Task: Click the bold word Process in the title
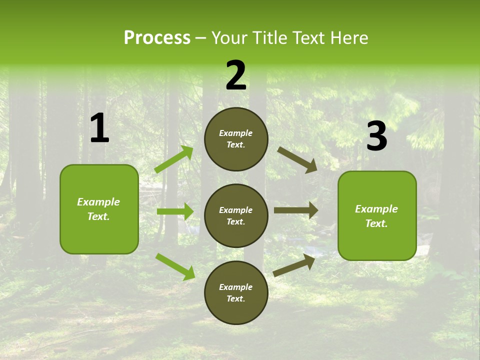tap(157, 37)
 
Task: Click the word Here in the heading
tap(348, 37)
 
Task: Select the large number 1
tap(99, 128)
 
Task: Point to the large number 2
tap(236, 75)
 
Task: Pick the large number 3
tap(376, 136)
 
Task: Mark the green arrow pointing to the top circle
tap(174, 159)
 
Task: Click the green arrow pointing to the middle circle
tap(175, 211)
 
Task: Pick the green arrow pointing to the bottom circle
tap(175, 266)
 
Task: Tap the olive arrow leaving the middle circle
tap(296, 210)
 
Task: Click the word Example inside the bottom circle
tap(236, 287)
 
